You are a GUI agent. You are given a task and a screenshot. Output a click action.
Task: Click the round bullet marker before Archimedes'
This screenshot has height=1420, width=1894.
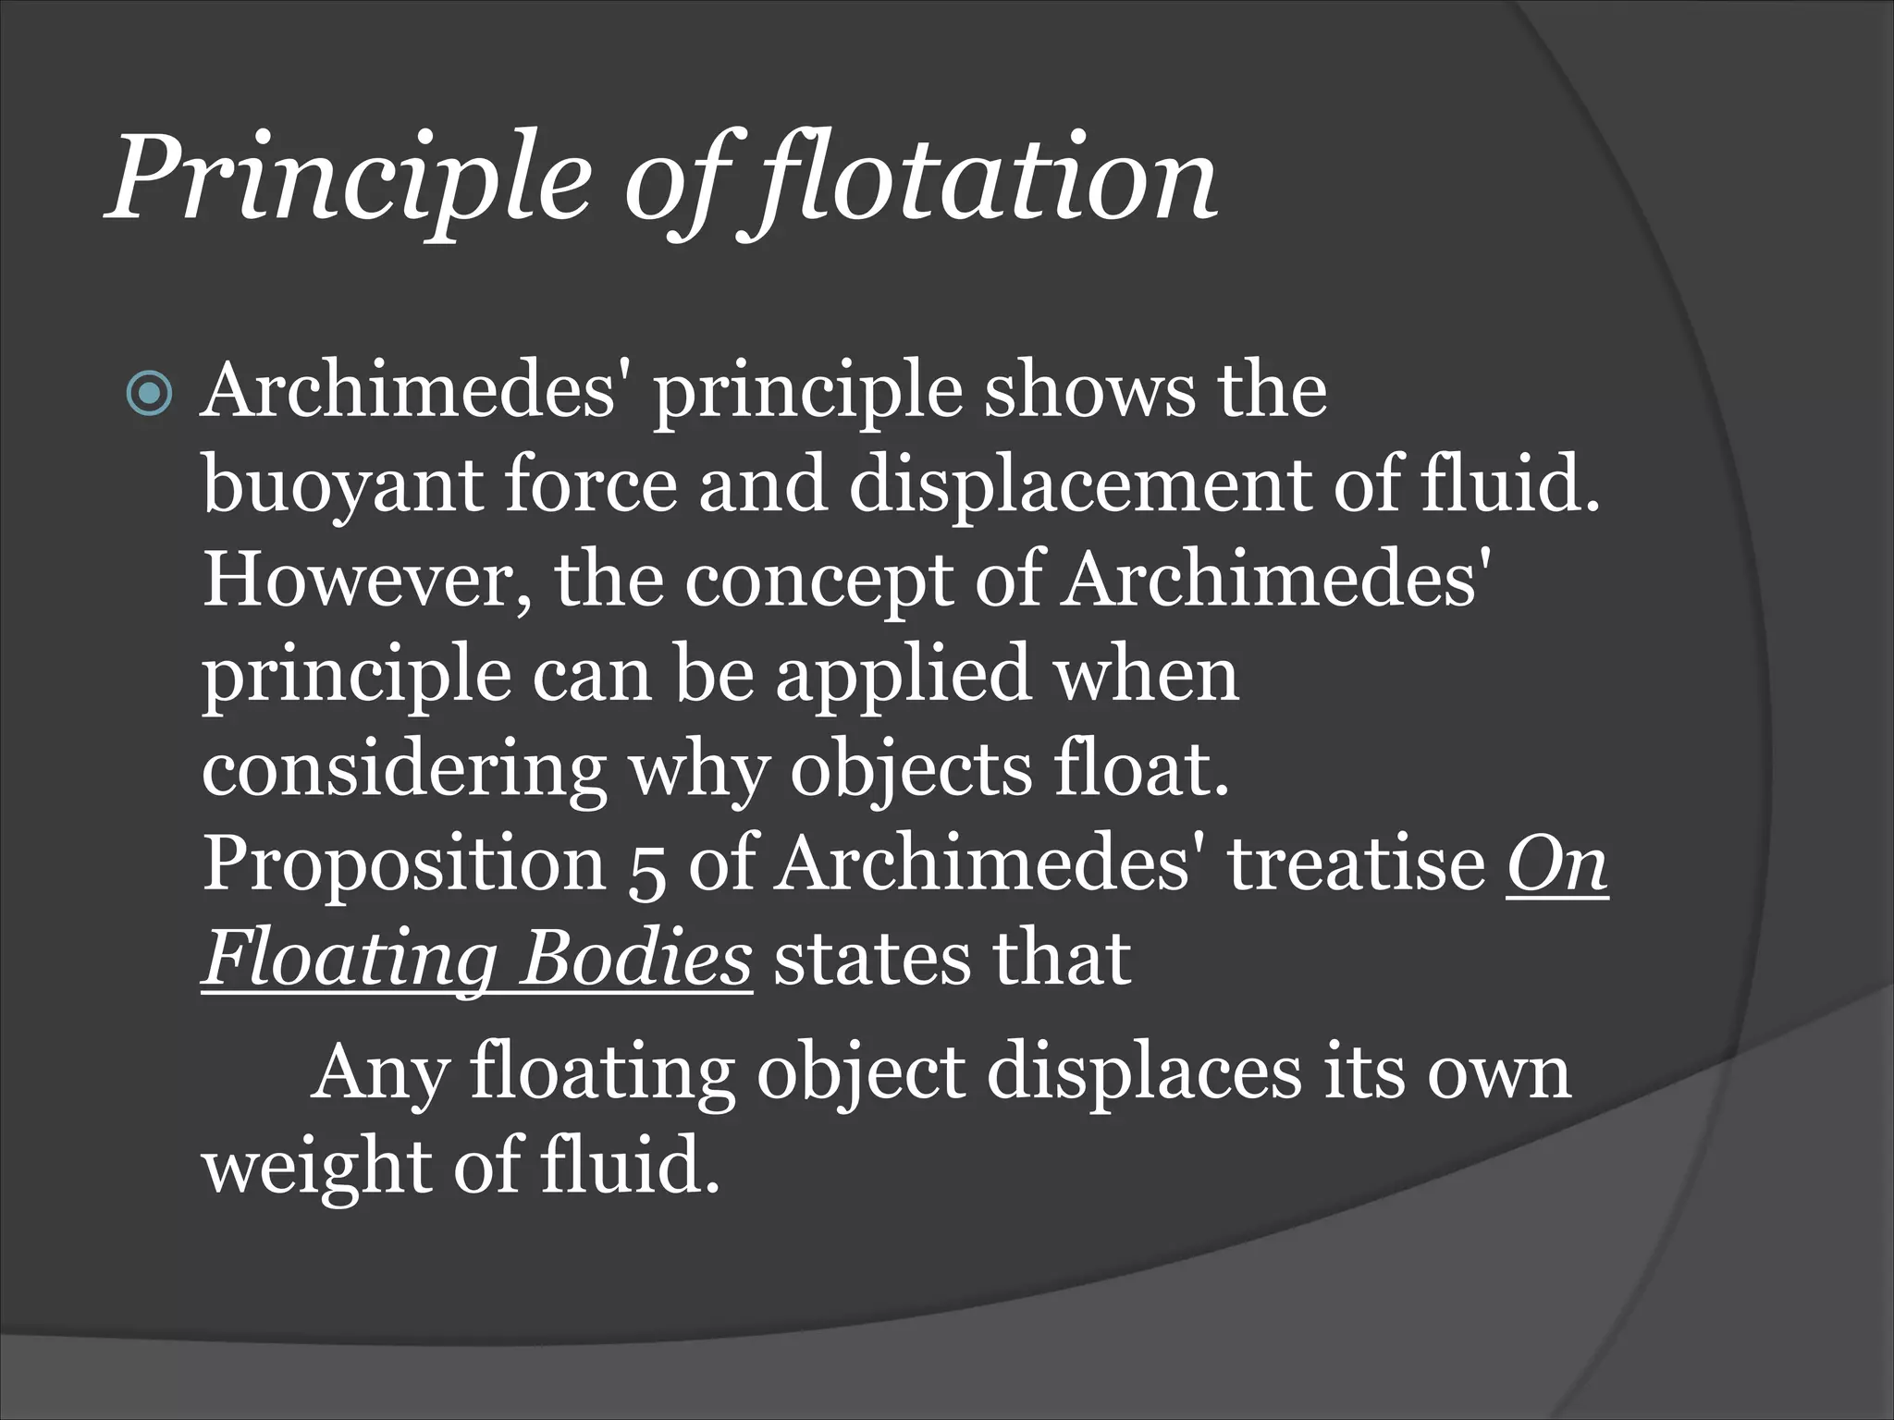149,395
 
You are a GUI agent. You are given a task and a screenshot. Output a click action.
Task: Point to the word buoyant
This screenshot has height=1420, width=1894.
342,487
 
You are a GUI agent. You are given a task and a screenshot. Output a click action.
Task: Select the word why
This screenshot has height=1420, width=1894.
699,771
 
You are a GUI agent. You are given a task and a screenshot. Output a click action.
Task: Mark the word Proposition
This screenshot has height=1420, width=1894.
403,865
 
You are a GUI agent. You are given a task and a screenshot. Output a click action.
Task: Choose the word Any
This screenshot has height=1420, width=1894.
379,1073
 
